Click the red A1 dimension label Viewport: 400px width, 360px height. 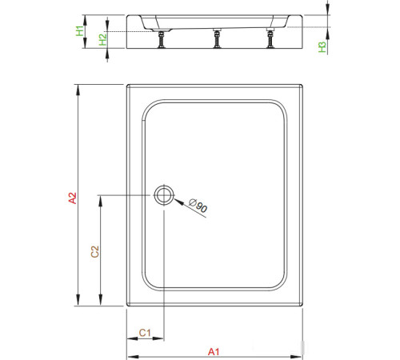(x=214, y=351)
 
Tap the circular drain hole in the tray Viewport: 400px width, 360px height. (x=163, y=194)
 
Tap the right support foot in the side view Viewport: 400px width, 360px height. (x=269, y=38)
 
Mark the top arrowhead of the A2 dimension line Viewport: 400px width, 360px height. (x=78, y=87)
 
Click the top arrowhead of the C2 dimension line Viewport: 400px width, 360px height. (x=100, y=198)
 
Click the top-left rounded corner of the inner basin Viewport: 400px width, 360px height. (x=149, y=106)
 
